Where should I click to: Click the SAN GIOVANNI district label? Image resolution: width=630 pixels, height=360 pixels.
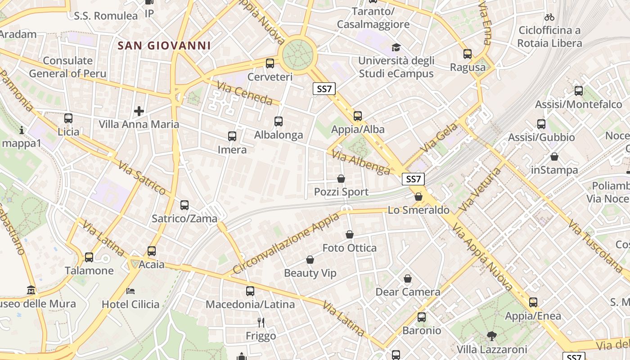tap(164, 45)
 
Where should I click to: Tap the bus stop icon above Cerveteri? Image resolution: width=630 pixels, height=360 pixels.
tap(270, 63)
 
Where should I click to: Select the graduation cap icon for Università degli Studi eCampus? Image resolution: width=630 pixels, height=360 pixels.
tap(396, 47)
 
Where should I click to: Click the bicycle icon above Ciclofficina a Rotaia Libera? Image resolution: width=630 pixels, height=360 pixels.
tap(549, 18)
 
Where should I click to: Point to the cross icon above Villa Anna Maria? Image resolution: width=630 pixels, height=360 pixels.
tap(139, 111)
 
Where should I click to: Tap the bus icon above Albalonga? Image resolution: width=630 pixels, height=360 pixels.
tap(279, 121)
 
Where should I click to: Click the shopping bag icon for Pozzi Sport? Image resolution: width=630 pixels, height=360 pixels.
tap(341, 179)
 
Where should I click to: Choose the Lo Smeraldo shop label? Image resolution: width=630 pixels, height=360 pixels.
tap(418, 210)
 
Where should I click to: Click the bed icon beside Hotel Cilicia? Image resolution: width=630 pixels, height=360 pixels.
tap(130, 291)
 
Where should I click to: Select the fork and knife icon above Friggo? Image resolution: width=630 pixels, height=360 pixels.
tap(261, 322)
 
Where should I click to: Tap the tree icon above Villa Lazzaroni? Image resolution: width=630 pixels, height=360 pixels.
tap(491, 335)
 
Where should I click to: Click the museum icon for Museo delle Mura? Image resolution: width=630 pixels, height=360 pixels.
tap(31, 289)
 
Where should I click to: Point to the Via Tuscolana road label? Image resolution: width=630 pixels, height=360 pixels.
tap(595, 246)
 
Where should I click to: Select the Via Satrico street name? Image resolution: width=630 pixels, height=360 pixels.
tap(143, 178)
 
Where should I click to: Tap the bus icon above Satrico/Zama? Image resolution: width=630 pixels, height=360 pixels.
tap(184, 205)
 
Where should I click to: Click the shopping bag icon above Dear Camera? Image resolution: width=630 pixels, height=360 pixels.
tap(408, 279)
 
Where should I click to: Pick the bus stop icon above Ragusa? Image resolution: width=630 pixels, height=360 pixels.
tap(468, 54)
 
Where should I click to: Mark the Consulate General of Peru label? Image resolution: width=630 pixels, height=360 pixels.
tap(67, 67)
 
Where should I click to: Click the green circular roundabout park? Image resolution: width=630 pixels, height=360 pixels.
tap(297, 54)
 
